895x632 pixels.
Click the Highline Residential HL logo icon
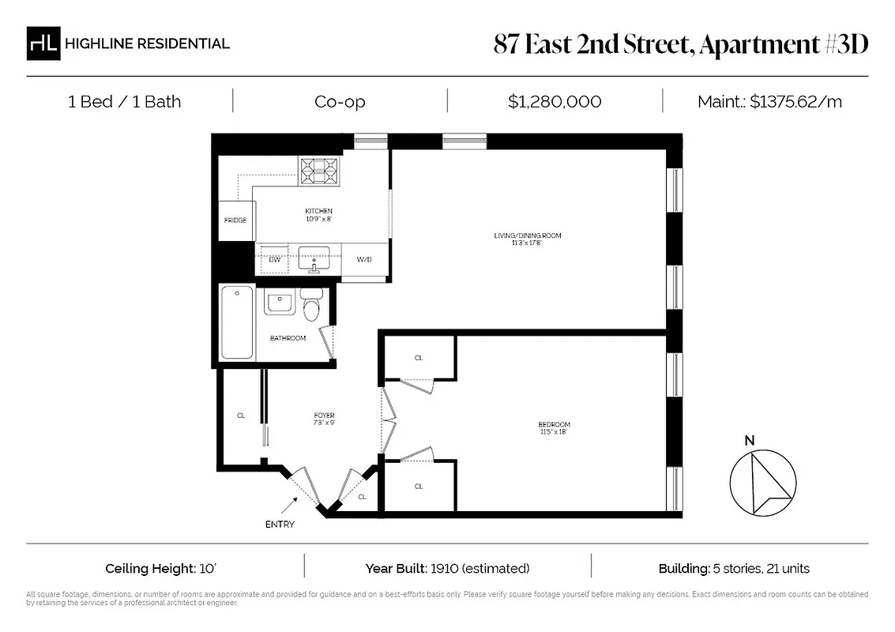[x=43, y=43]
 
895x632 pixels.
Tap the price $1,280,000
[x=555, y=101]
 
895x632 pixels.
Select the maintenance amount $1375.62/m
[x=795, y=101]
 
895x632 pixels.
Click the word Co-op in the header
[x=340, y=101]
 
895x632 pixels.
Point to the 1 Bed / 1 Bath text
[x=124, y=101]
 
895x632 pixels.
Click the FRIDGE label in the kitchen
[x=235, y=220]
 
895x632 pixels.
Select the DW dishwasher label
[x=275, y=259]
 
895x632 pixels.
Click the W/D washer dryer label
[x=364, y=259]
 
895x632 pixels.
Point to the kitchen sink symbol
[x=314, y=258]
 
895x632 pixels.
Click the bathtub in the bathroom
[x=236, y=322]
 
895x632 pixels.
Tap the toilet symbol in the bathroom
[x=311, y=305]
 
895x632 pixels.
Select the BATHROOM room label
[x=288, y=338]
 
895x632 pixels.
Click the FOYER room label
[x=324, y=416]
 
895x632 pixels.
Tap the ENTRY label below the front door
[x=280, y=525]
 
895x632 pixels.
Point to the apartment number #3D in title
[x=845, y=44]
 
